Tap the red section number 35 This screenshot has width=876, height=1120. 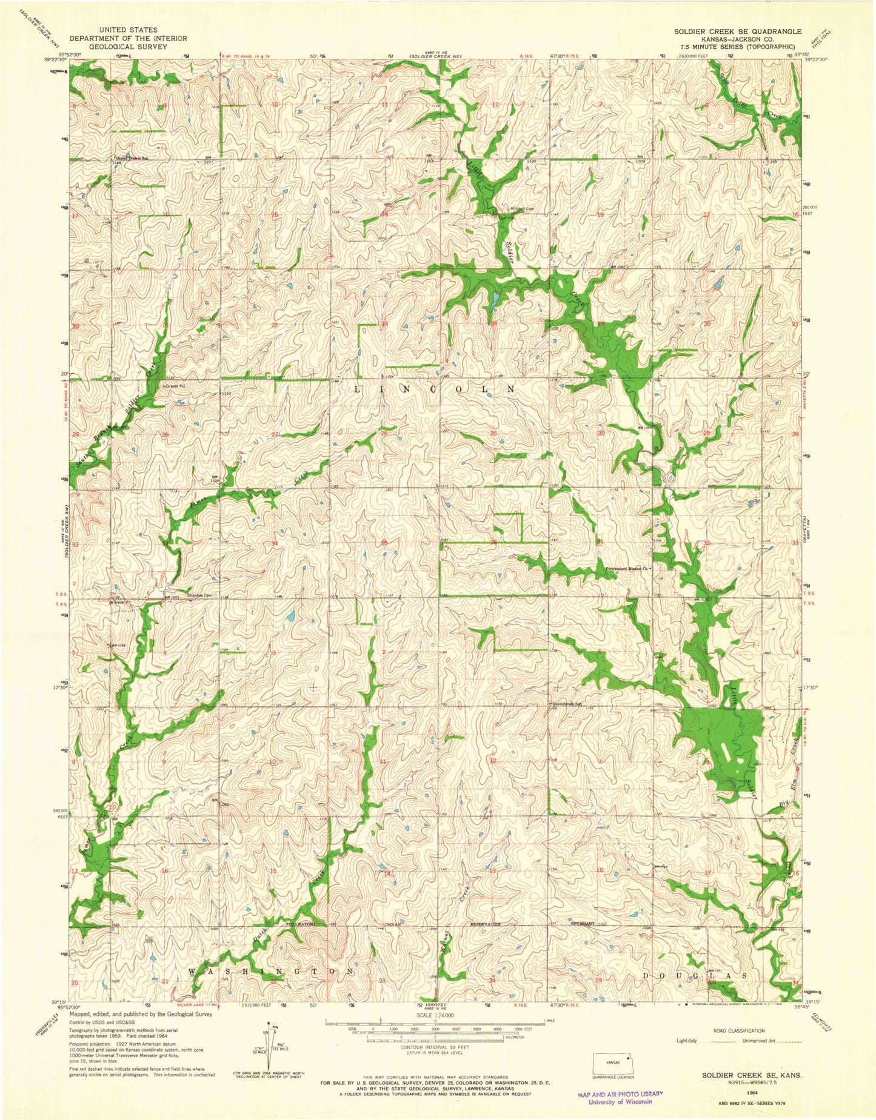[x=383, y=543]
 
